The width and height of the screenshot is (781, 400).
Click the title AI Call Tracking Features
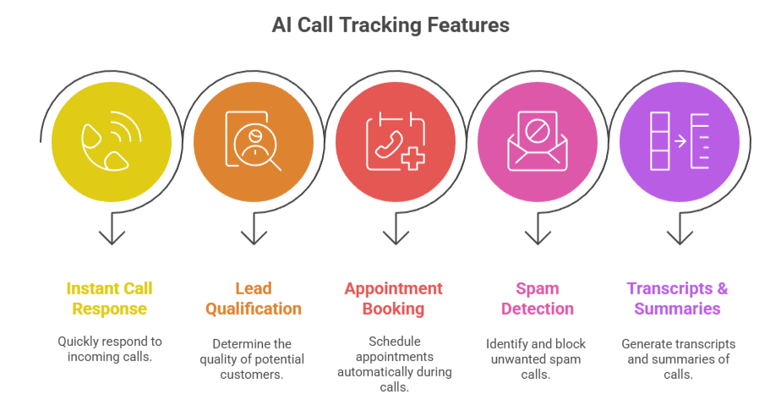coord(390,25)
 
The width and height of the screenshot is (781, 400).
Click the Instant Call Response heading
coord(110,299)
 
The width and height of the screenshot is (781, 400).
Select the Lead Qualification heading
coord(253,299)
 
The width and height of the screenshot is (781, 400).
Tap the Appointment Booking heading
coord(393,299)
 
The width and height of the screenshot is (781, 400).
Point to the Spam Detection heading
coord(537,299)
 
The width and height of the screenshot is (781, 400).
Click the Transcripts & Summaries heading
coord(677,299)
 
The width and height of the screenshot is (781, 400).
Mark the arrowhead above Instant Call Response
coord(112,236)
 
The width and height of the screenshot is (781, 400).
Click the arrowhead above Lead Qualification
coord(254,236)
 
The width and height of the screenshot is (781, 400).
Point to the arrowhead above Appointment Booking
coord(395,236)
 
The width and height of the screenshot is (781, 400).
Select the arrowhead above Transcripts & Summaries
coord(679,236)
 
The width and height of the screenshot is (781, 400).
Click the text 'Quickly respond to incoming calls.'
coord(110,350)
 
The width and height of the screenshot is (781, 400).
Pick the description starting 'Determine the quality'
coord(253,359)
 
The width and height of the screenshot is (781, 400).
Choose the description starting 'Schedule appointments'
coord(394,364)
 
